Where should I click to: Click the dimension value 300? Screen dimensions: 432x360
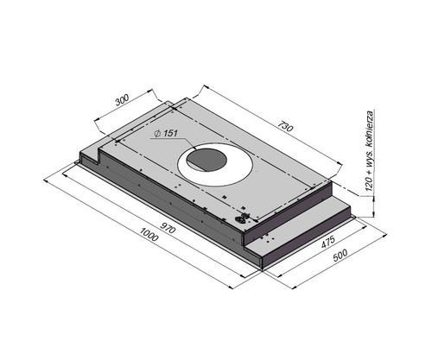pos(122,99)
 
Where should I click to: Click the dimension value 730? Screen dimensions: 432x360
pos(285,126)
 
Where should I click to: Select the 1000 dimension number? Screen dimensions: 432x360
pos(149,234)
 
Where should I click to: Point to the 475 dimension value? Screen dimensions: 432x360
pos(328,242)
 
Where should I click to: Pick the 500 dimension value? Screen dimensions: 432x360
pos(340,255)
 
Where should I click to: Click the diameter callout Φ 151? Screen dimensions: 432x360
pos(166,133)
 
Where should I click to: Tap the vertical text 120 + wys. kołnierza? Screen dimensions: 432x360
pos(370,150)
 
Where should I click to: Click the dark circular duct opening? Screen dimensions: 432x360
pos(206,160)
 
